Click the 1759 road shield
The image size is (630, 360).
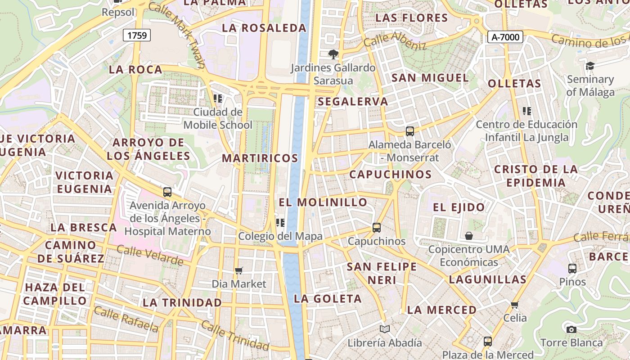[137, 35]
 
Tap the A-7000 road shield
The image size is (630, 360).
[505, 37]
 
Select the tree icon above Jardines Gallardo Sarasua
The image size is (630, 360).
[333, 54]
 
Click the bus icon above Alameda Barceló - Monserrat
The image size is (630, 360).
[409, 131]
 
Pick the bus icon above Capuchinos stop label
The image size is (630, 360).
[377, 228]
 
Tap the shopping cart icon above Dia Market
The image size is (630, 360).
[239, 270]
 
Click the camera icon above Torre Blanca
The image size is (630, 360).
[571, 329]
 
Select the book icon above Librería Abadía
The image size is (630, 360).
[384, 329]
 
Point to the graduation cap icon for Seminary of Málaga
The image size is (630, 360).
[590, 66]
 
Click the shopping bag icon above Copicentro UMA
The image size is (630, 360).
[469, 236]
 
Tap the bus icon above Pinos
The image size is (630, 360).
[572, 269]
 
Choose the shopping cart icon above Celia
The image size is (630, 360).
[515, 305]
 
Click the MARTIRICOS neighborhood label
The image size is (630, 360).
[260, 158]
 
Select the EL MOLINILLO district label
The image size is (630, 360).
[323, 202]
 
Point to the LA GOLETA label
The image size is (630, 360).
[328, 299]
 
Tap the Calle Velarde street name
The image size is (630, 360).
[150, 255]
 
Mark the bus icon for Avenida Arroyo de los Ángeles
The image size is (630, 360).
[167, 192]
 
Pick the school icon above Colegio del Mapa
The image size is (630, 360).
[280, 222]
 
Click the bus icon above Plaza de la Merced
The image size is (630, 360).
[487, 342]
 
